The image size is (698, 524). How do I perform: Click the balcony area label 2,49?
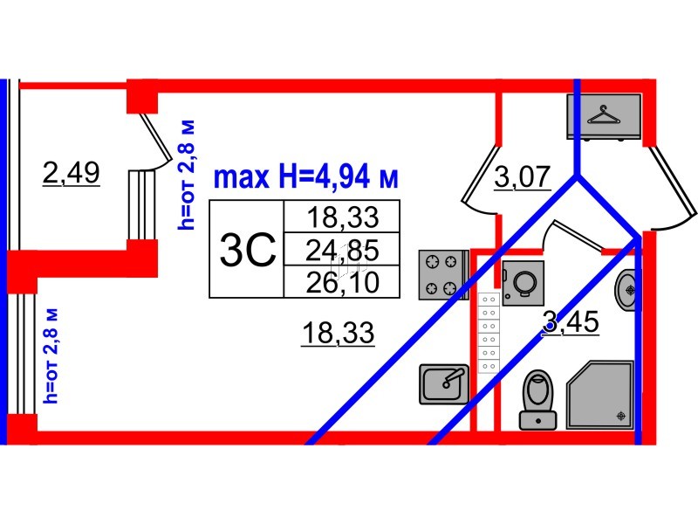click(x=72, y=172)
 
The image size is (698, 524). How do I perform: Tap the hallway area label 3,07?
click(x=523, y=177)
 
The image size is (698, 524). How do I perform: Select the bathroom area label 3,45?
click(x=571, y=321)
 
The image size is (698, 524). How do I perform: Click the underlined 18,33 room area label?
click(x=338, y=333)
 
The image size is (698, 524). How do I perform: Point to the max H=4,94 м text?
click(x=306, y=177)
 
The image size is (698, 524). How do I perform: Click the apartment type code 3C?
click(x=248, y=251)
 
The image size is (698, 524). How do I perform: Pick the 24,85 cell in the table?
click(x=342, y=250)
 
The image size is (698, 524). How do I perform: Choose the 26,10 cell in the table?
click(x=342, y=282)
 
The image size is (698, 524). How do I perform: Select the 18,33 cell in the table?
click(x=342, y=217)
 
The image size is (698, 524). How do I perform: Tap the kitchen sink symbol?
click(x=444, y=384)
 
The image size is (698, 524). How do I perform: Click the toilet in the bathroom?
click(x=537, y=400)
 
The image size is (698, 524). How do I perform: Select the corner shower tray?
click(x=599, y=395)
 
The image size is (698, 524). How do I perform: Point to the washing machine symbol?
click(x=523, y=283)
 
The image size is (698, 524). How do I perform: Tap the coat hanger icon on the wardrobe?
click(x=604, y=115)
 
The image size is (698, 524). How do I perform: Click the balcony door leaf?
click(x=156, y=137)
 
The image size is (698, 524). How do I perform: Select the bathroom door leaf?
click(x=578, y=234)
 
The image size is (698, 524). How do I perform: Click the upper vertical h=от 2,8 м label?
click(x=186, y=175)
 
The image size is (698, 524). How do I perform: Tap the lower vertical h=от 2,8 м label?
click(x=51, y=355)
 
